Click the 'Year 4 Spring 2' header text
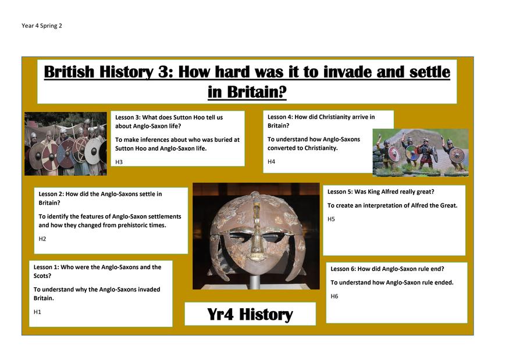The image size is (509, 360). point(41,26)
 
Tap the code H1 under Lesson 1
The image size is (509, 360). point(37,312)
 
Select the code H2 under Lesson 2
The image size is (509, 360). point(42,239)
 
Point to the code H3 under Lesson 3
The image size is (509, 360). point(119,162)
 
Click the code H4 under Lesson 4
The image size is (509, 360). point(271,162)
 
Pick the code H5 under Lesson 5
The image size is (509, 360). point(331,219)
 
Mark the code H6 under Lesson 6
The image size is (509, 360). point(334,297)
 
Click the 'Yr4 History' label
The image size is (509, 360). point(250,314)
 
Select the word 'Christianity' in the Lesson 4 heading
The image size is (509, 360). point(337,117)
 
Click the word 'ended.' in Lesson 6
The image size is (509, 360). point(444,283)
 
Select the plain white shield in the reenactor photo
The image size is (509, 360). point(93,151)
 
